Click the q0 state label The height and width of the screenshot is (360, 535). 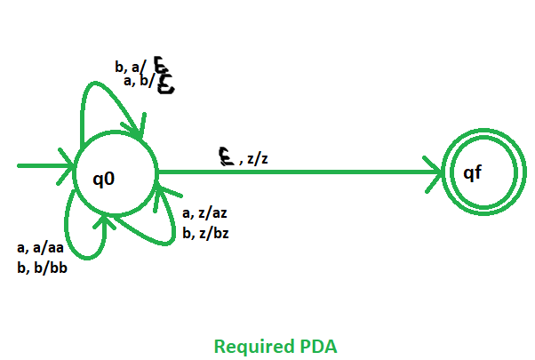pos(104,179)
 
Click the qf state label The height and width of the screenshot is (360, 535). pos(472,172)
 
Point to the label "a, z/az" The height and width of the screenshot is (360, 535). pos(205,213)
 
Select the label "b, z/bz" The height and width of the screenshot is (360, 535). pos(205,232)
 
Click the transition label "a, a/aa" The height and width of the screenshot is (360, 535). pos(40,248)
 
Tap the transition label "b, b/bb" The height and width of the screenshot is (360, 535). pos(41,267)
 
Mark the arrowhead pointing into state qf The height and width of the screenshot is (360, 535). pos(435,171)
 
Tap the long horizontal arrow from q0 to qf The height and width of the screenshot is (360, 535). pos(293,171)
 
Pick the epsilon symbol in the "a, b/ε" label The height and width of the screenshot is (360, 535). pos(166,84)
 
